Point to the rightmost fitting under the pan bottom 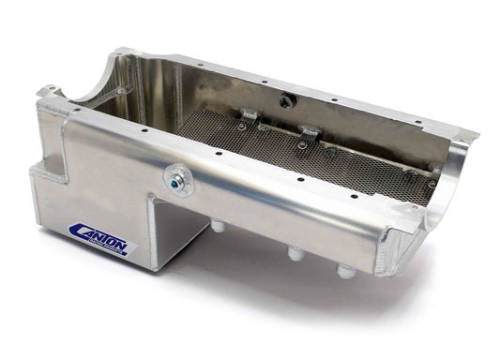tap(345, 271)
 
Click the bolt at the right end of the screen tap(432, 170)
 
